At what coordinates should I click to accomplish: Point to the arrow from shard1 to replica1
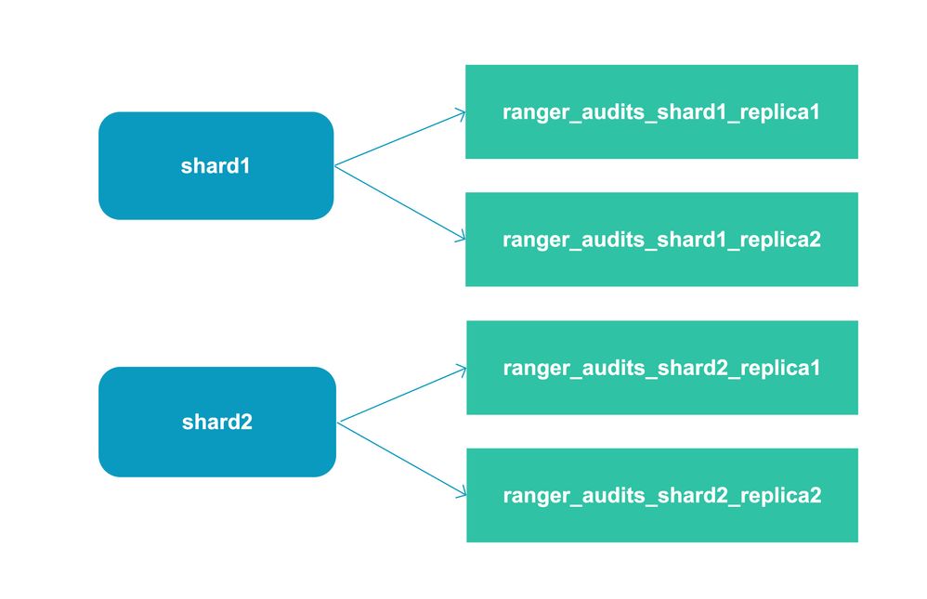399,139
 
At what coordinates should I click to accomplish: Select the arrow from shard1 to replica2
399,203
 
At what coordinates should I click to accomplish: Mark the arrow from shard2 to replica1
402,396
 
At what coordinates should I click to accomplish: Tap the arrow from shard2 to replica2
402,460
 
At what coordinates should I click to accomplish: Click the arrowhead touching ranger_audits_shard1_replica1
462,114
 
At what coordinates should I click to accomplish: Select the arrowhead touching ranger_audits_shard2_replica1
463,370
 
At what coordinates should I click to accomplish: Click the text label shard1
215,167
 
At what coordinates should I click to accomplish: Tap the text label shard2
216,423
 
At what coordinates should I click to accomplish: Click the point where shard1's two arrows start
335,166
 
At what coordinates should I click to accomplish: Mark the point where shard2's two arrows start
339,423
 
